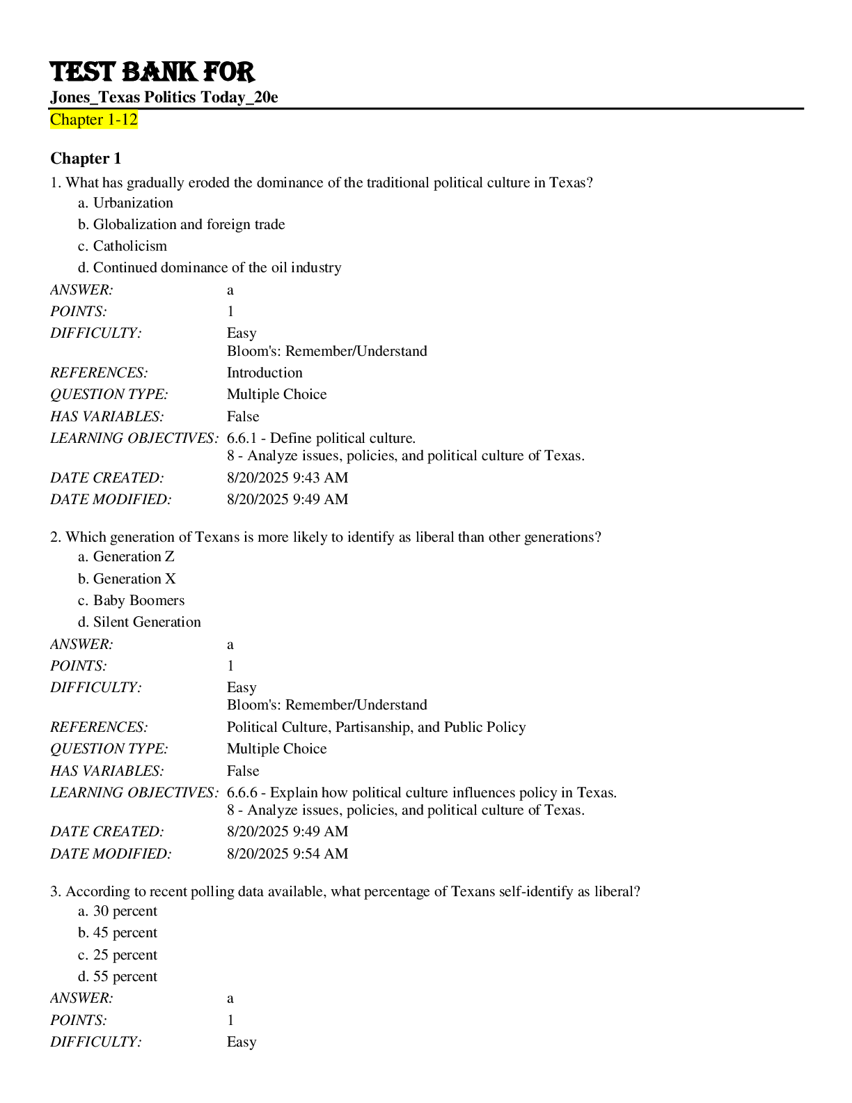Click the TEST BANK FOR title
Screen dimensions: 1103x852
[152, 72]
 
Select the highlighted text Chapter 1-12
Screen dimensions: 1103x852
[94, 120]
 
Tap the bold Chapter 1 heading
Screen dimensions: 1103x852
[86, 159]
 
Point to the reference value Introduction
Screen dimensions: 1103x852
[265, 373]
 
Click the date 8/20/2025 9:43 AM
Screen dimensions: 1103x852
[287, 478]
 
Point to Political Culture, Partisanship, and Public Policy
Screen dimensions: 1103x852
[376, 727]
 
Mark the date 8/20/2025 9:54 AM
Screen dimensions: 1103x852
[287, 854]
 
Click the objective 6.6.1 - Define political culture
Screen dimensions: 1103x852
[321, 438]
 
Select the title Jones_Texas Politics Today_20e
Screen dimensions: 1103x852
[164, 97]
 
